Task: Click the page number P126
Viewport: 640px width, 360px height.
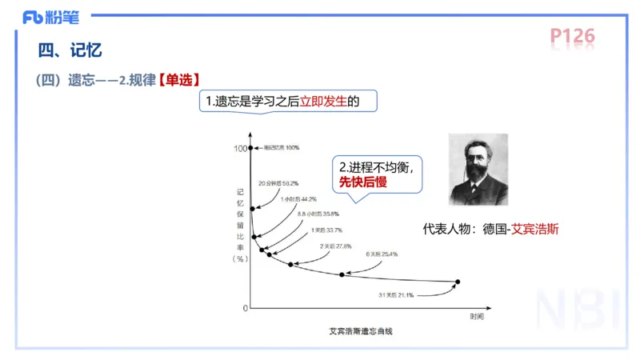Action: click(572, 38)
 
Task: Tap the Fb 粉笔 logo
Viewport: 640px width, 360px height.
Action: click(55, 16)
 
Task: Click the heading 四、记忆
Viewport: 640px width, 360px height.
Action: click(70, 51)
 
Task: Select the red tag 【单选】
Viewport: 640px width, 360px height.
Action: click(176, 80)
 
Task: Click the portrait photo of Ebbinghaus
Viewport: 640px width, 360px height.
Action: click(478, 169)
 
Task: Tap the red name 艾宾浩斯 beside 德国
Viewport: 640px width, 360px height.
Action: click(535, 228)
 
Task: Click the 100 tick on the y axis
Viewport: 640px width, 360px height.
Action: click(240, 148)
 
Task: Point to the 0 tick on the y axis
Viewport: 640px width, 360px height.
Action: click(245, 308)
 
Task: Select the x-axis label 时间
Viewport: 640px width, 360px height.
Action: click(477, 317)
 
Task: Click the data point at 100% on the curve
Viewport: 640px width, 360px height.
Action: click(251, 148)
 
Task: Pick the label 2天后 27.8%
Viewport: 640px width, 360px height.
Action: click(335, 246)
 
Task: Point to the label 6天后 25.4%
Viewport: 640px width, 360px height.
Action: click(382, 254)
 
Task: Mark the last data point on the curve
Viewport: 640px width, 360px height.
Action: click(458, 282)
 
